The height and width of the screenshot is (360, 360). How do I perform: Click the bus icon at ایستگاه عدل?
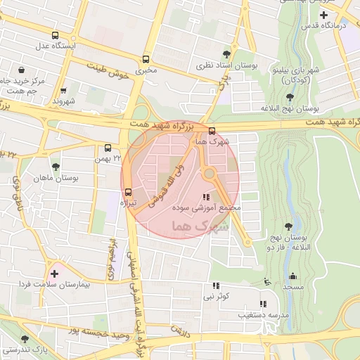point(56,35)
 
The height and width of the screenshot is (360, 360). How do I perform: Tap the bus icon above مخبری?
point(146,60)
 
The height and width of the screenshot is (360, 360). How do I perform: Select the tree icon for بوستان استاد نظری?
point(226,53)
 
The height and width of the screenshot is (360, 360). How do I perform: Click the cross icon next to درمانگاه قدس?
point(323,15)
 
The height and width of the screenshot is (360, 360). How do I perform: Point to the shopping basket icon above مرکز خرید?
point(22,70)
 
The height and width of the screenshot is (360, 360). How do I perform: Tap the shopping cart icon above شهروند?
point(63,91)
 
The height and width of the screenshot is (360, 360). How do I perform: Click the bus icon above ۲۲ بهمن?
point(108,148)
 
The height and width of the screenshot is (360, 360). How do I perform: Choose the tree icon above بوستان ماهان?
point(56,167)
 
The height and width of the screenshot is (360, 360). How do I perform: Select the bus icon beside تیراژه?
point(128,192)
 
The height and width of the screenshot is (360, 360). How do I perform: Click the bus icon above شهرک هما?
point(212,130)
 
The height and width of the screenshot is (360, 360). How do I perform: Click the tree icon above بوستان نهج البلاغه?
point(290,97)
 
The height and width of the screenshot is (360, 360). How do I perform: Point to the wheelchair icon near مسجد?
point(266,282)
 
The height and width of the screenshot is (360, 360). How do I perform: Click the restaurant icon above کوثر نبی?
point(216,285)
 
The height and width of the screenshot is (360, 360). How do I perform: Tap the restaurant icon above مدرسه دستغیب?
point(263,304)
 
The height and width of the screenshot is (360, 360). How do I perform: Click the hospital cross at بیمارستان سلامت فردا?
point(54,272)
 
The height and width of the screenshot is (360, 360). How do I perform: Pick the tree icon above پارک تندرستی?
point(25,339)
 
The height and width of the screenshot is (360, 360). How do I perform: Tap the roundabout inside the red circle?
point(209,174)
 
